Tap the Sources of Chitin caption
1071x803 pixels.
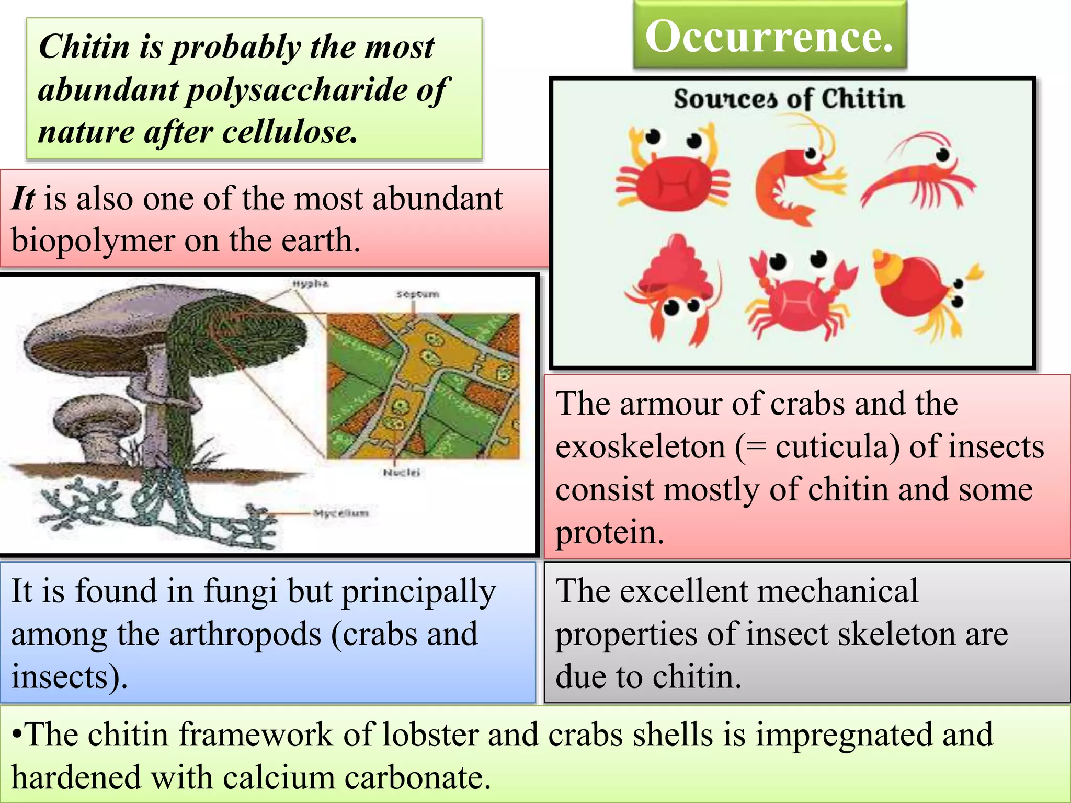789,99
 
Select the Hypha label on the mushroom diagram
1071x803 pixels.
310,284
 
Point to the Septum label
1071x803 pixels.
417,294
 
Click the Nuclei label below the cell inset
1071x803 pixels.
401,473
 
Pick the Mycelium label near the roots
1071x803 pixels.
341,513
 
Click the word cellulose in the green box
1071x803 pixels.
290,132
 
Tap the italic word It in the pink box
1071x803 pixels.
23,199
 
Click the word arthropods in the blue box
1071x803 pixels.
245,635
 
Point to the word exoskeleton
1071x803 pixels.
640,447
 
